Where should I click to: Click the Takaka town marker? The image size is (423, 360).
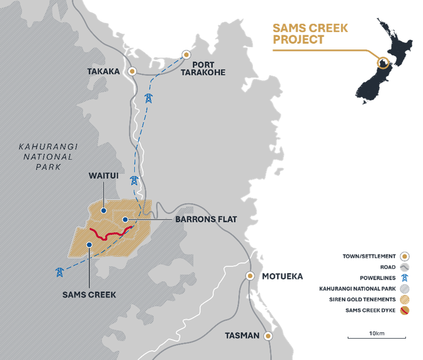point(132,71)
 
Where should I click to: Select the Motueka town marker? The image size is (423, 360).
point(250,276)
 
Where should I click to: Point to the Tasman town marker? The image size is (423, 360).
point(268,336)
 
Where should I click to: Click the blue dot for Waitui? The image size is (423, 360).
point(103,211)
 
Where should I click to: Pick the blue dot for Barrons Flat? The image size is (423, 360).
point(125,219)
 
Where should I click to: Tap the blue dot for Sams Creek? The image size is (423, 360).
point(89,245)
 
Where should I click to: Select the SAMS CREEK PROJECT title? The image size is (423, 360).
point(310,33)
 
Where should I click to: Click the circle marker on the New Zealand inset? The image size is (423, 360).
point(383,63)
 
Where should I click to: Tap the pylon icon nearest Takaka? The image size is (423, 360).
point(148,97)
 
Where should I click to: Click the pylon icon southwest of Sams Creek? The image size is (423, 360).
point(60,272)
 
